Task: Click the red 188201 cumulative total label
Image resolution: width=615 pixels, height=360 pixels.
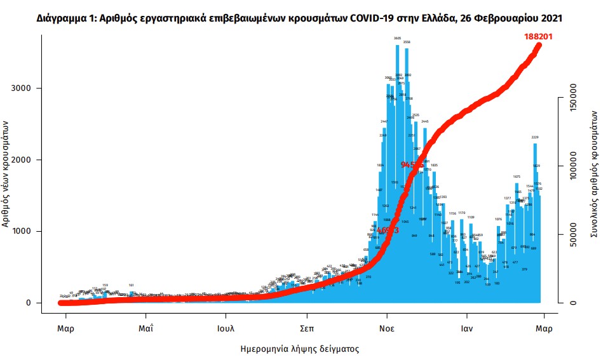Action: tap(537, 36)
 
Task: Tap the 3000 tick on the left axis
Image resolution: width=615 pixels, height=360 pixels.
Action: tap(24, 88)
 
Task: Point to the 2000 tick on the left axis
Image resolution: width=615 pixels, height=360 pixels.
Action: tap(24, 160)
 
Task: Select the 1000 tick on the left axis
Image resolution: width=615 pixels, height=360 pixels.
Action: tap(24, 232)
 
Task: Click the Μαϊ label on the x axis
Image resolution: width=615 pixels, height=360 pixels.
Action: tap(146, 329)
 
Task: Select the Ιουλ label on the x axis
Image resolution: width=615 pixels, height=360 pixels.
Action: tap(226, 329)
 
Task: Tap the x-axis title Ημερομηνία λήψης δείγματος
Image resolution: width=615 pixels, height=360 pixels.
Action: tap(300, 349)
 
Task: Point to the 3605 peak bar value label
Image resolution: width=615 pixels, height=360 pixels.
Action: tap(397, 39)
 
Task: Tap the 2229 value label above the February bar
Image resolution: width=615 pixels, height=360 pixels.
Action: tap(535, 137)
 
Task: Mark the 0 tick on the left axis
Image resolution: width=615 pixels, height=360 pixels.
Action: tap(29, 303)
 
